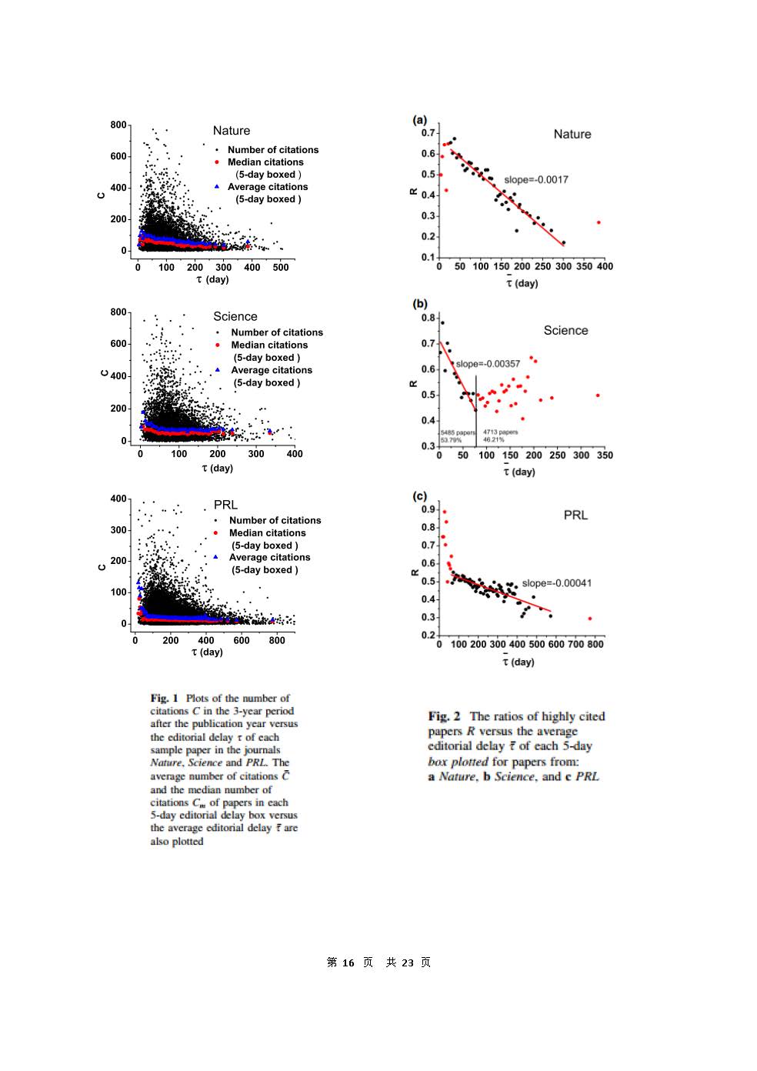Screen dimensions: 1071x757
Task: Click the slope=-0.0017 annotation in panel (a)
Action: click(536, 180)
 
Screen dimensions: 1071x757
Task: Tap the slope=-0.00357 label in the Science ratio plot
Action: click(488, 364)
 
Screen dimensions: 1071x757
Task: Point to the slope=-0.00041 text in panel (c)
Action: click(557, 583)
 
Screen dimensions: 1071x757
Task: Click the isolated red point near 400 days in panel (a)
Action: click(599, 222)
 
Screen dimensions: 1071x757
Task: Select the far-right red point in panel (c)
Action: click(590, 619)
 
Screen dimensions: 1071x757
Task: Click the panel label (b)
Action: click(420, 304)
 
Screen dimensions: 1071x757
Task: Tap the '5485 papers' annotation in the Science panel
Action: click(457, 432)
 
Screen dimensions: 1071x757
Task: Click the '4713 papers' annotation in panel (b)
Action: click(500, 432)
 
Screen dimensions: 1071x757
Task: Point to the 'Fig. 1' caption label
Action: click(164, 699)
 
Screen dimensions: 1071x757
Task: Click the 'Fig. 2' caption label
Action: click(444, 716)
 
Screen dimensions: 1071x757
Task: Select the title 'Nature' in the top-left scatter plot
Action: click(232, 131)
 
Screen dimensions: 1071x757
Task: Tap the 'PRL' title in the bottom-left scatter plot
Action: click(225, 505)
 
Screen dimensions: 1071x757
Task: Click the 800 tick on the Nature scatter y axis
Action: click(118, 125)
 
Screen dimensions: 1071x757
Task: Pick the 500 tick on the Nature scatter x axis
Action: click(281, 268)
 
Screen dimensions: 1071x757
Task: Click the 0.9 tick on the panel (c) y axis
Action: click(429, 509)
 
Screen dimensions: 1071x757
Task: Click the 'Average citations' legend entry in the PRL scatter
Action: click(269, 558)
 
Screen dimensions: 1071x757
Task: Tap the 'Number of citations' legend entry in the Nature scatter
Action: click(272, 150)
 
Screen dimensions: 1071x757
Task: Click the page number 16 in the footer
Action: click(348, 963)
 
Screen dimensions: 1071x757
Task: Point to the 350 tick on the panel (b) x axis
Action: click(605, 455)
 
